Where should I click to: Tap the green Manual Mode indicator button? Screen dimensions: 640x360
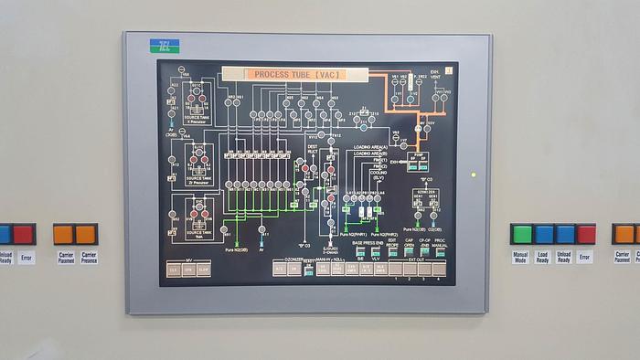point(522,234)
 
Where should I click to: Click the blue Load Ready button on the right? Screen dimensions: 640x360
point(544,234)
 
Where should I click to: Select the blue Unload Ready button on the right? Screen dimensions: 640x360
point(565,234)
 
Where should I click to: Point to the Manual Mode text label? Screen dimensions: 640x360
point(521,258)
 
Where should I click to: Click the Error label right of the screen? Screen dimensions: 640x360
point(585,258)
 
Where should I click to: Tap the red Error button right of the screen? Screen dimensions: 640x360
point(586,234)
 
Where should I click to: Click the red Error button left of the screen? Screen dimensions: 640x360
point(24,234)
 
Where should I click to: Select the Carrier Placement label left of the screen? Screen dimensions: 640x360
point(66,258)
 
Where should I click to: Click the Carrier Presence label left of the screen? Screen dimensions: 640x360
point(88,258)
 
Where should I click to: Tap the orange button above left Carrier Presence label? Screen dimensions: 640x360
point(85,234)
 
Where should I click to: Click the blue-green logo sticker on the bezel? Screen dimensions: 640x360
point(165,45)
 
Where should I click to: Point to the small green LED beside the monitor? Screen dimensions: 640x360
point(473,174)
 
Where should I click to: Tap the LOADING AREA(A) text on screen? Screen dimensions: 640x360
point(370,146)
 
